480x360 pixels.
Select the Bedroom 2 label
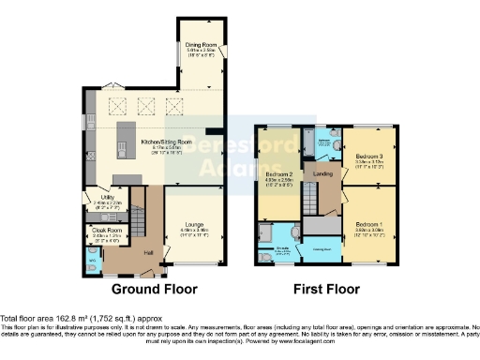279,175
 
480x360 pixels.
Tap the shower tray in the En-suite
265,232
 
